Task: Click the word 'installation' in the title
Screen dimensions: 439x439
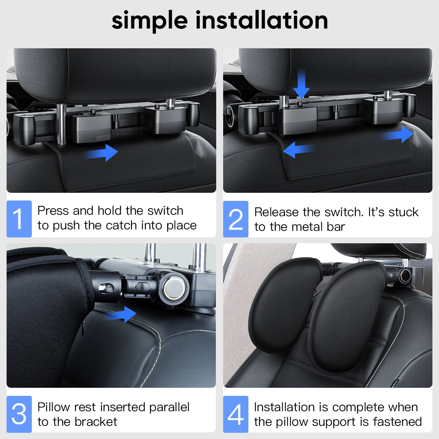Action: (262, 20)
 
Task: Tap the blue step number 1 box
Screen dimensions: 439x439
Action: (19, 219)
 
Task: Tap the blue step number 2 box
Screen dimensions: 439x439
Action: (236, 219)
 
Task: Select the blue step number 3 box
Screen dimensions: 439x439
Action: (19, 414)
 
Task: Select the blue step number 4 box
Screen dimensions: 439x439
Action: (236, 414)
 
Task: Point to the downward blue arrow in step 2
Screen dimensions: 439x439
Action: (301, 84)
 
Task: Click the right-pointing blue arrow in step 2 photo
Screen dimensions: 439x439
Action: (399, 135)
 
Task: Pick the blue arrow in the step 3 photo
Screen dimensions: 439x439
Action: (123, 314)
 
